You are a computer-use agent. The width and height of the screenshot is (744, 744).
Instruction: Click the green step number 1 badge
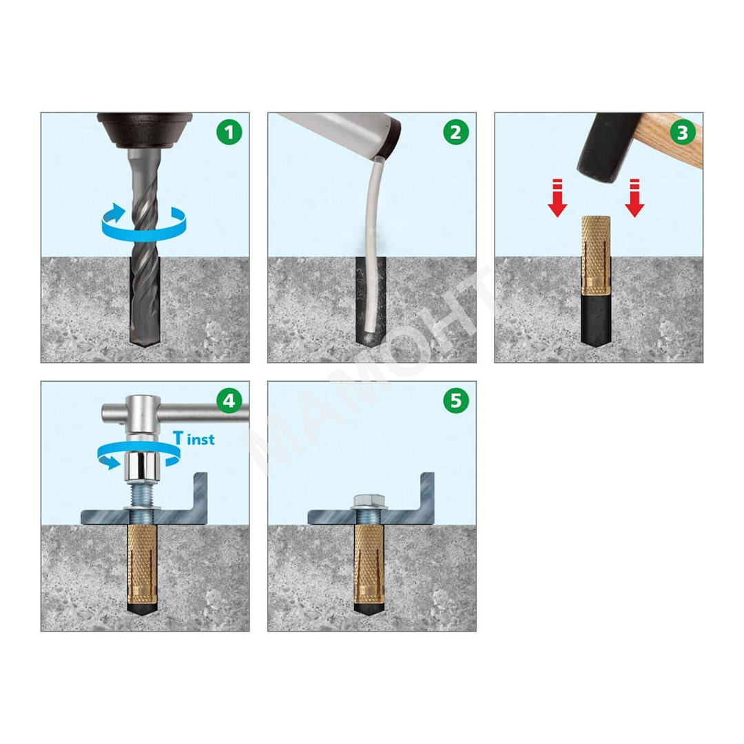pyautogui.click(x=229, y=132)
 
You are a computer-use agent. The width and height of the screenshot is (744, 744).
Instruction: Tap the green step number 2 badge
pyautogui.click(x=456, y=132)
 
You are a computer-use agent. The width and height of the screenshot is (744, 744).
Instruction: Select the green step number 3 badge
pyautogui.click(x=683, y=132)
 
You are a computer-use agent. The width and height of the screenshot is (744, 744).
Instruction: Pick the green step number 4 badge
pyautogui.click(x=229, y=400)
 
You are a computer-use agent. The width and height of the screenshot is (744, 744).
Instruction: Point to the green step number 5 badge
pyautogui.click(x=456, y=400)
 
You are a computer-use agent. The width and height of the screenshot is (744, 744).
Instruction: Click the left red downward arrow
pyautogui.click(x=557, y=198)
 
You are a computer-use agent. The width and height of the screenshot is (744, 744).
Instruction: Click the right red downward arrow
pyautogui.click(x=635, y=198)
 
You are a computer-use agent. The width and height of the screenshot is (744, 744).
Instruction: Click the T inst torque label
pyautogui.click(x=194, y=438)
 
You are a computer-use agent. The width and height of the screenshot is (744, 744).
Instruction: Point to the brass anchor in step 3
pyautogui.click(x=596, y=256)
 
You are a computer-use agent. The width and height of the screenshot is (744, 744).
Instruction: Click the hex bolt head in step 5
pyautogui.click(x=369, y=499)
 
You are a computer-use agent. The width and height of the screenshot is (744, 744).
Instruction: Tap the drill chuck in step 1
pyautogui.click(x=145, y=129)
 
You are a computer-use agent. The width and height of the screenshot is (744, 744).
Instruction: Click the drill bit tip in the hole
pyautogui.click(x=145, y=341)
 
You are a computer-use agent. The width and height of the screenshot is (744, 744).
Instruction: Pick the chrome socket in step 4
pyautogui.click(x=141, y=466)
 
